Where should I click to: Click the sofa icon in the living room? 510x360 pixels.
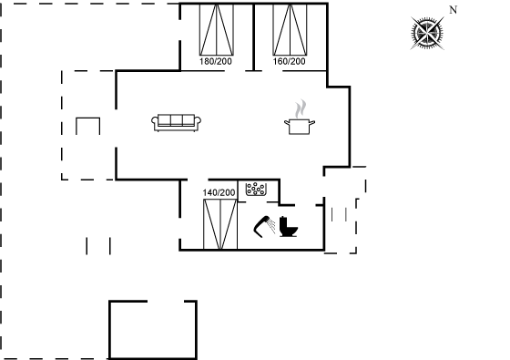pos(176,123)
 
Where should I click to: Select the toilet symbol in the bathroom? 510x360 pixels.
pos(288,226)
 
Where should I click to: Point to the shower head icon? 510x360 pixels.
pos(264,227)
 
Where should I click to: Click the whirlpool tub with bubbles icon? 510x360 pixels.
pos(256,189)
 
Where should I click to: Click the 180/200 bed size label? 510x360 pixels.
pos(216,61)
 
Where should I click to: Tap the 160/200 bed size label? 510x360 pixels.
pos(290,61)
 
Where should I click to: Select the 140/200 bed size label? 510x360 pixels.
pos(219,192)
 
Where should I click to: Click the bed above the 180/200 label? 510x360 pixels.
pos(217,29)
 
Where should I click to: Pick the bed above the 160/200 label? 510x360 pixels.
pos(290,29)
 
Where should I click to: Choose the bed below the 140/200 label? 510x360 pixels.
pos(220,224)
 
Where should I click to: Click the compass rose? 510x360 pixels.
pos(427,33)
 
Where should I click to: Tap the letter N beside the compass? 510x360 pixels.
pos(454,10)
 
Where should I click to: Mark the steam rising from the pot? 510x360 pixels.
pos(301,109)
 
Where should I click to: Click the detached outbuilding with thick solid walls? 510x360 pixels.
pos(153,330)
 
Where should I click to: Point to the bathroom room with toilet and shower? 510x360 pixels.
pos(281,227)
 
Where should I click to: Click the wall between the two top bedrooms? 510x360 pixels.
pos(253,36)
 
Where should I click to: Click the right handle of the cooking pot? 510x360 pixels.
pos(311,123)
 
